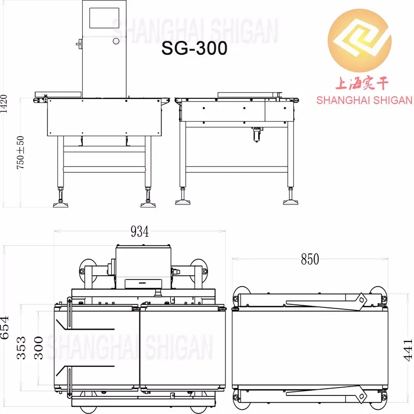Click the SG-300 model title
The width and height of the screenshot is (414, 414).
coord(194,48)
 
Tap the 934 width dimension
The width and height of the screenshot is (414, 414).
coord(139,232)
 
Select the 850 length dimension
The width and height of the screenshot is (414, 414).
coord(310,259)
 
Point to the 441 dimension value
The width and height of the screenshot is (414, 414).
coord(407,349)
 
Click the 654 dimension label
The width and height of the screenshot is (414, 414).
coord(6,328)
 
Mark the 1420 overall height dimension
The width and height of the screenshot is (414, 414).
coord(4,103)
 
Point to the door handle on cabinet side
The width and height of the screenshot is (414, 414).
coord(79,44)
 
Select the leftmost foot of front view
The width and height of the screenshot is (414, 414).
coord(62,203)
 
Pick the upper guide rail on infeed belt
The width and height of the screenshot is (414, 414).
coord(88,328)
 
